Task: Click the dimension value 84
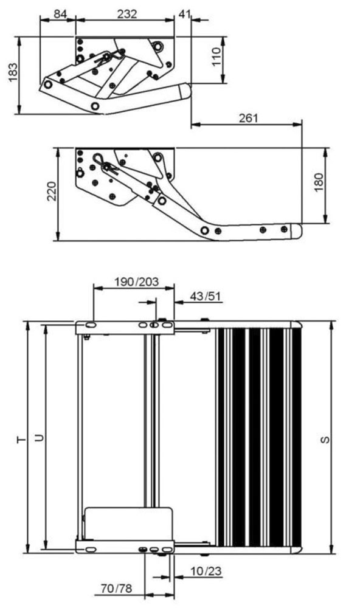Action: point(60,15)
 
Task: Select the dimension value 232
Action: point(127,15)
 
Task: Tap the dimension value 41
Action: point(185,15)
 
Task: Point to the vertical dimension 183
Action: point(13,72)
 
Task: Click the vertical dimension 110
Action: point(217,57)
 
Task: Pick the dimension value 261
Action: point(248,118)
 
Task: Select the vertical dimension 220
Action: point(52,191)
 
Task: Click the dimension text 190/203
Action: point(137,282)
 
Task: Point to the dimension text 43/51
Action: point(206,297)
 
